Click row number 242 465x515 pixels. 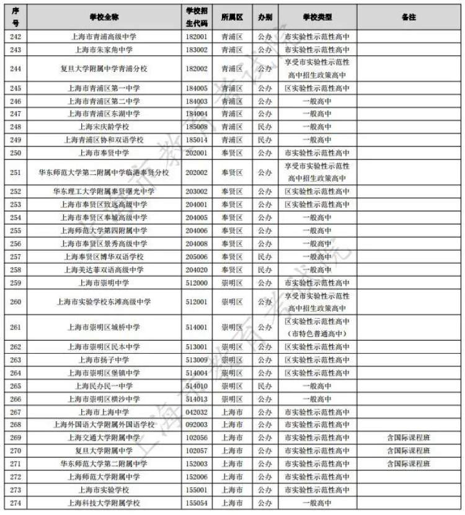16,37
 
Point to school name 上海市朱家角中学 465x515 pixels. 104,50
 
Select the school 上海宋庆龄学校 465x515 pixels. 104,127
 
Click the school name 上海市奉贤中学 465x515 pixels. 104,153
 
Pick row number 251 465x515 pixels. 16,172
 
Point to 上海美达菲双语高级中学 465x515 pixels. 104,270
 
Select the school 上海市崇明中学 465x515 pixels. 104,283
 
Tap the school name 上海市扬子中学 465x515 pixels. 104,360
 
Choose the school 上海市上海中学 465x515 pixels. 104,412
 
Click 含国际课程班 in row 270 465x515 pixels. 408,451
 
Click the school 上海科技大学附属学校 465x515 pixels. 104,503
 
